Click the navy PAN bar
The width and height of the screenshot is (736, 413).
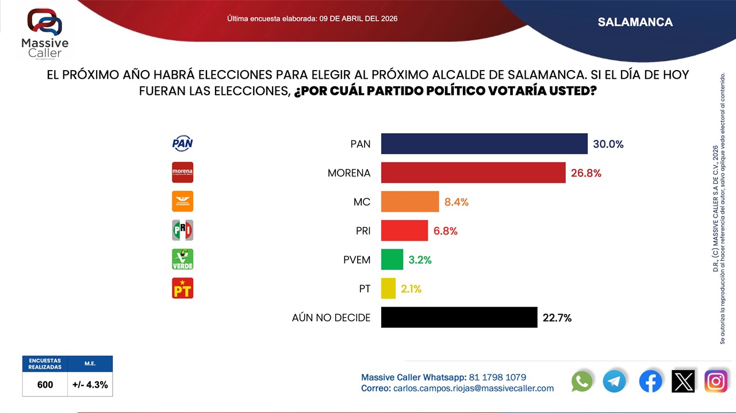pyautogui.click(x=484, y=144)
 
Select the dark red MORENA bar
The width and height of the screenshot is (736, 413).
pyautogui.click(x=473, y=172)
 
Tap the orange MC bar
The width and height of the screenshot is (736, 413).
pyautogui.click(x=410, y=202)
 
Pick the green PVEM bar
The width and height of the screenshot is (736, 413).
pyautogui.click(x=392, y=260)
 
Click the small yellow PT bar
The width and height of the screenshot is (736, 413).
pyautogui.click(x=389, y=288)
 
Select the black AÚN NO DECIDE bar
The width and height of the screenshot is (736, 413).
pyautogui.click(x=459, y=317)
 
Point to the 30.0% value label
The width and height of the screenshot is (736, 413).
pyautogui.click(x=608, y=144)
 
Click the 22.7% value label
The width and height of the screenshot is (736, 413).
pyautogui.click(x=557, y=318)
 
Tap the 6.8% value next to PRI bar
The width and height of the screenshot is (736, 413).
pyautogui.click(x=446, y=231)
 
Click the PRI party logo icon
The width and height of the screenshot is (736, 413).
pyautogui.click(x=183, y=230)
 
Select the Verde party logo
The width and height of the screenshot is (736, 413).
pyautogui.click(x=183, y=259)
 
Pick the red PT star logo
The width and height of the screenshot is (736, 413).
pyautogui.click(x=183, y=288)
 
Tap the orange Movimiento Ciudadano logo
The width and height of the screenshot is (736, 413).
pyautogui.click(x=183, y=201)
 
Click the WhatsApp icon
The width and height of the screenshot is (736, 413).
pyautogui.click(x=582, y=381)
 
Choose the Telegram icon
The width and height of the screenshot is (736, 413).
pyautogui.click(x=615, y=381)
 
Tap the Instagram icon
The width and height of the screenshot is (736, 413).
pyautogui.click(x=716, y=381)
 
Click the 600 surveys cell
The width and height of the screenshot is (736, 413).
pyautogui.click(x=45, y=385)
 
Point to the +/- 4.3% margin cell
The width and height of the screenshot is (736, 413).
pyautogui.click(x=90, y=385)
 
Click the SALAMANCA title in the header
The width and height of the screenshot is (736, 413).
pyautogui.click(x=635, y=22)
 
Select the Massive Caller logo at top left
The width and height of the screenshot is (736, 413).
pyautogui.click(x=45, y=33)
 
